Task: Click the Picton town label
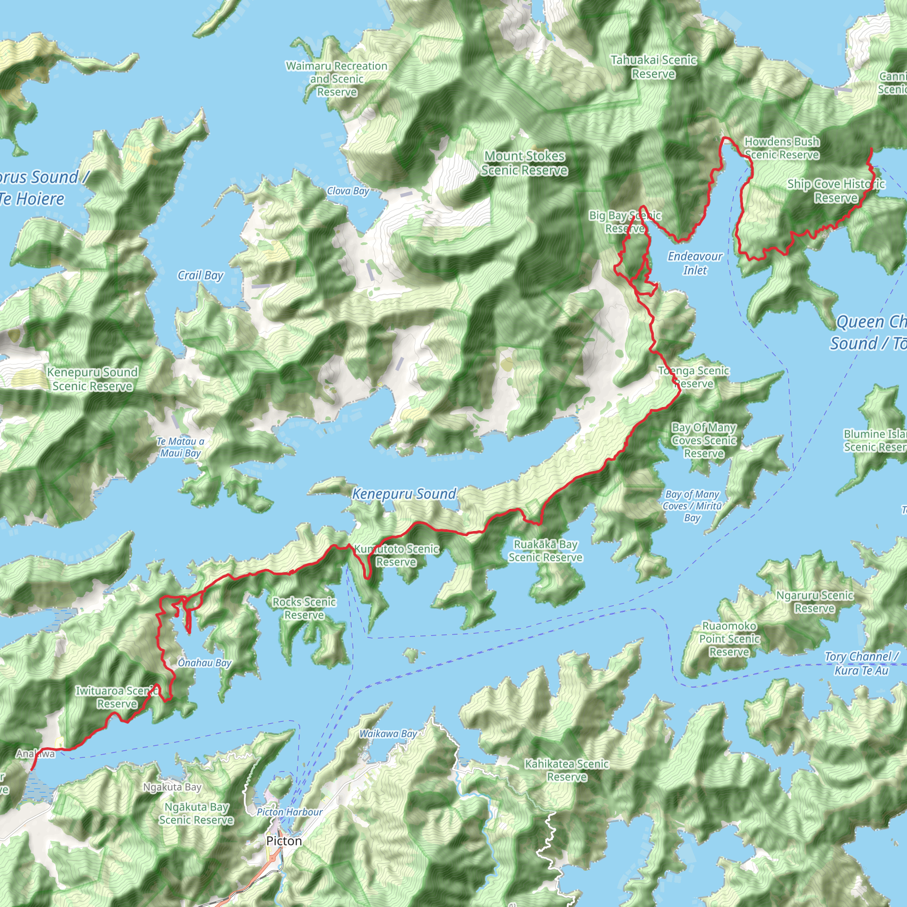pos(283,841)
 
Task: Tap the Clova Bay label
pos(348,191)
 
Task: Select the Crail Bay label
pos(201,275)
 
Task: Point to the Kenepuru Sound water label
pos(404,494)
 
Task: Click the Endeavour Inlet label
pos(695,263)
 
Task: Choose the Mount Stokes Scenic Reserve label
pos(524,163)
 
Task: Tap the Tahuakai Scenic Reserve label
pos(654,67)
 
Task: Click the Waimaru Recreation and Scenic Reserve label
pos(337,79)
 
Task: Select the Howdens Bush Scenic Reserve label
pos(782,148)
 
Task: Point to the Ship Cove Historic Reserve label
pos(836,190)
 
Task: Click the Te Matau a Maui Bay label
pos(180,447)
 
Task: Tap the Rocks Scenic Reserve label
pos(304,608)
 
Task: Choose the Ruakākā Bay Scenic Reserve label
pos(546,550)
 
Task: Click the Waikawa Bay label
pos(388,733)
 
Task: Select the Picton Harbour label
pos(290,812)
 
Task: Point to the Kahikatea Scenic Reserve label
pos(566,771)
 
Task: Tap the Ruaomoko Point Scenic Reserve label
pos(729,639)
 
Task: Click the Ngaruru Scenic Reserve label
pos(814,601)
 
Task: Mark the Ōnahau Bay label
pos(205,663)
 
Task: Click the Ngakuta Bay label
pos(172,787)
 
